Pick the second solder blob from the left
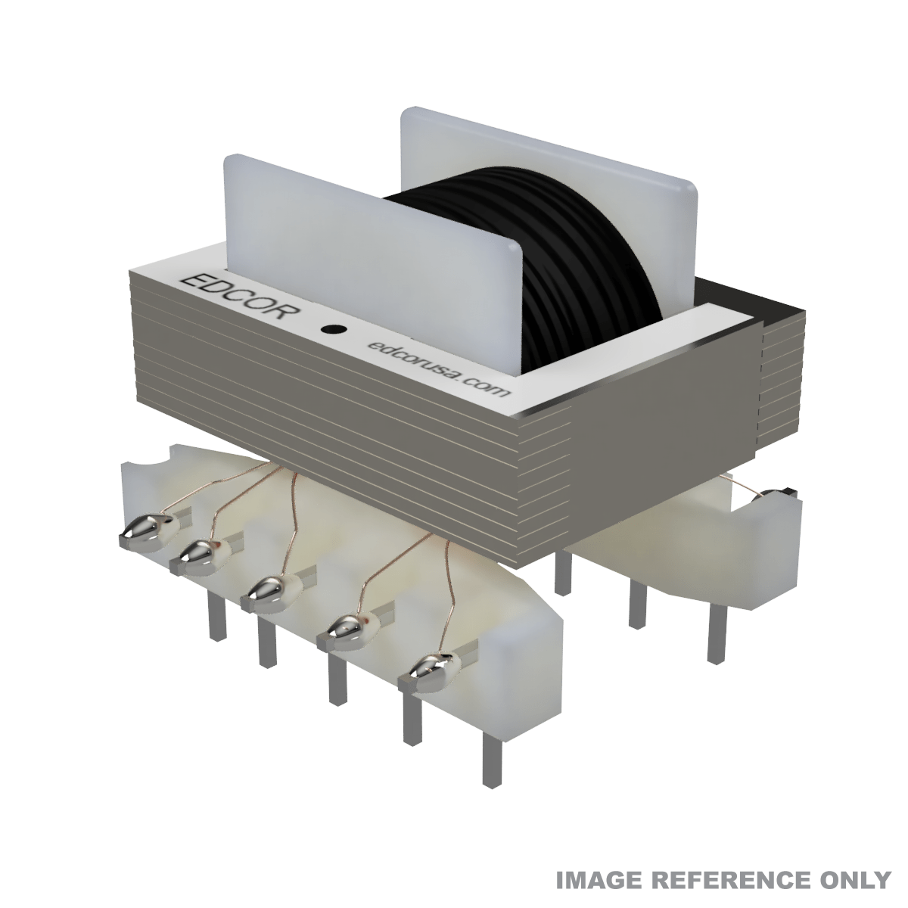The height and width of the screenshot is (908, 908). coord(194,555)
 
